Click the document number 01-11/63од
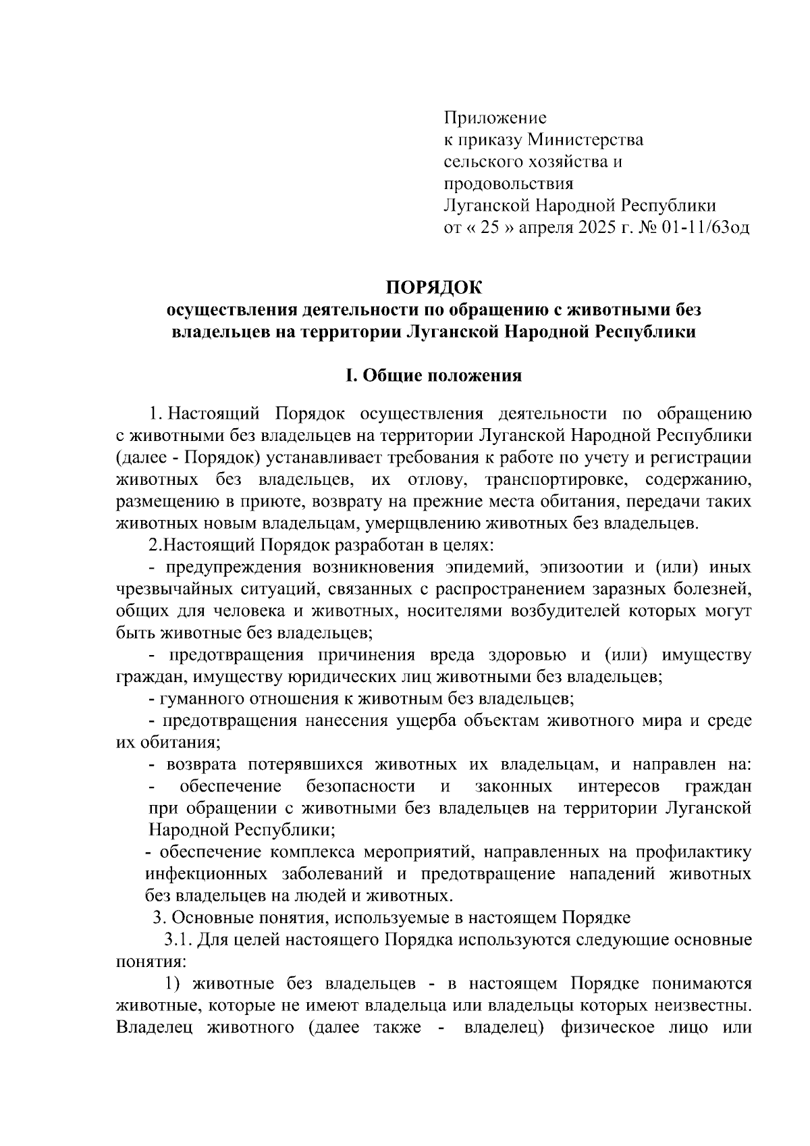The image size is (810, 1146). [706, 228]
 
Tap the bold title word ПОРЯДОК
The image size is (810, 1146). [434, 288]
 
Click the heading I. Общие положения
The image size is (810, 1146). [434, 375]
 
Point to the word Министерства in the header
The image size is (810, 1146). [585, 140]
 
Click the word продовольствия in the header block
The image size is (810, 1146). [508, 184]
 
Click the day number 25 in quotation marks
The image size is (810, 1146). [489, 228]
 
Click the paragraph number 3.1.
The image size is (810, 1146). [177, 940]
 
